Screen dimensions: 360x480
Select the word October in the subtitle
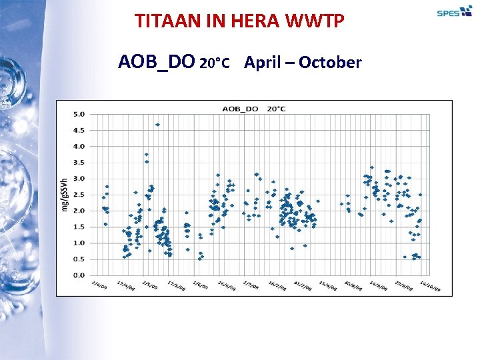(x=330, y=63)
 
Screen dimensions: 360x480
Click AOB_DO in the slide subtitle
(x=157, y=63)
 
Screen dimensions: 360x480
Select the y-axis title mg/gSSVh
(x=65, y=194)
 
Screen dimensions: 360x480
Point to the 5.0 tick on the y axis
(x=79, y=114)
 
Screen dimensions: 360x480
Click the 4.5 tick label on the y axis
(x=79, y=130)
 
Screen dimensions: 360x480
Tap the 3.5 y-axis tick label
(x=79, y=162)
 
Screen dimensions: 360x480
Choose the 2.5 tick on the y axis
(x=79, y=195)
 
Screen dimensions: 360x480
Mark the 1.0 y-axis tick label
(x=79, y=243)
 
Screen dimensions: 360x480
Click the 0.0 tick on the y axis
(x=79, y=275)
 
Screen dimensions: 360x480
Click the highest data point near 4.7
(x=157, y=125)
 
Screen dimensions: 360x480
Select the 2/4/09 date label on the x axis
(x=98, y=284)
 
